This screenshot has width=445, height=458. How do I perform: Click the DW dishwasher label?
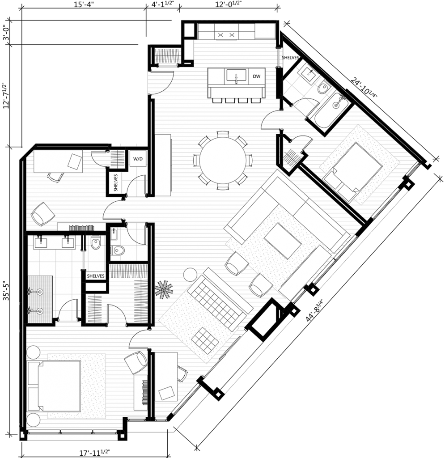click(256, 76)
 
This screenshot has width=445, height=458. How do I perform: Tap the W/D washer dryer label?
click(138, 159)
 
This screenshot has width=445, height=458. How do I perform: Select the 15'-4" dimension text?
click(84, 5)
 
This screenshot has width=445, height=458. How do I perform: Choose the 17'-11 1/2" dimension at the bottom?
click(95, 453)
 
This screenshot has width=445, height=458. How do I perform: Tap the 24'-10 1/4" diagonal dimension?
click(364, 88)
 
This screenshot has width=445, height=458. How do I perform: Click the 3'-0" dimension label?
click(5, 33)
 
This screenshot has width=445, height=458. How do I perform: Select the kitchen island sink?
click(236, 76)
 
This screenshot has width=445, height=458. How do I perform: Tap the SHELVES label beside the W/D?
click(116, 182)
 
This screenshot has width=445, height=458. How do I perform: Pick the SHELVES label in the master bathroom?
click(95, 276)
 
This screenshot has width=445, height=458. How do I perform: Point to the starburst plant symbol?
click(164, 289)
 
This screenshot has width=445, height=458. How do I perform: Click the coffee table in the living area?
click(282, 241)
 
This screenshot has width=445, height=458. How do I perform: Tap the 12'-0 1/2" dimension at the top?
click(229, 5)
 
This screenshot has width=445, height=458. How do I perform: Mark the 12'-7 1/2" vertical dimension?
click(6, 95)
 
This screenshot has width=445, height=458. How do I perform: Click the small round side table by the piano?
click(191, 275)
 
